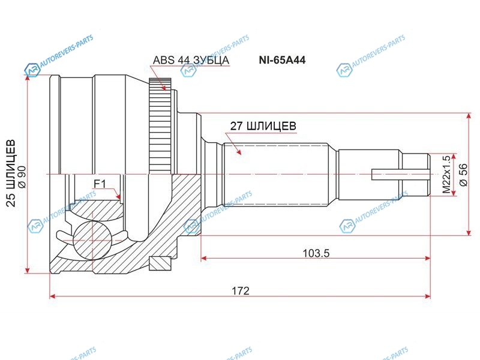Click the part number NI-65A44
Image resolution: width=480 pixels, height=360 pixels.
click(x=282, y=59)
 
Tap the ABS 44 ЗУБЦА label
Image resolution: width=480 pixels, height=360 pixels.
click(x=191, y=60)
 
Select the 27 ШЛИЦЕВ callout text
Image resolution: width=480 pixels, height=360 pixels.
click(x=263, y=126)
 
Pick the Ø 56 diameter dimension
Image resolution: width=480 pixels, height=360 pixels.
click(x=464, y=175)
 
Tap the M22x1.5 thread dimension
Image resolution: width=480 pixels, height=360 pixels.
click(x=447, y=175)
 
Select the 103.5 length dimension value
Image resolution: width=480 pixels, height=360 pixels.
click(x=316, y=253)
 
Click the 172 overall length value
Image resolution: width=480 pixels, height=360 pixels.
click(x=241, y=290)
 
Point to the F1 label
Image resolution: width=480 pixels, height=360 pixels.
click(x=100, y=184)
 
